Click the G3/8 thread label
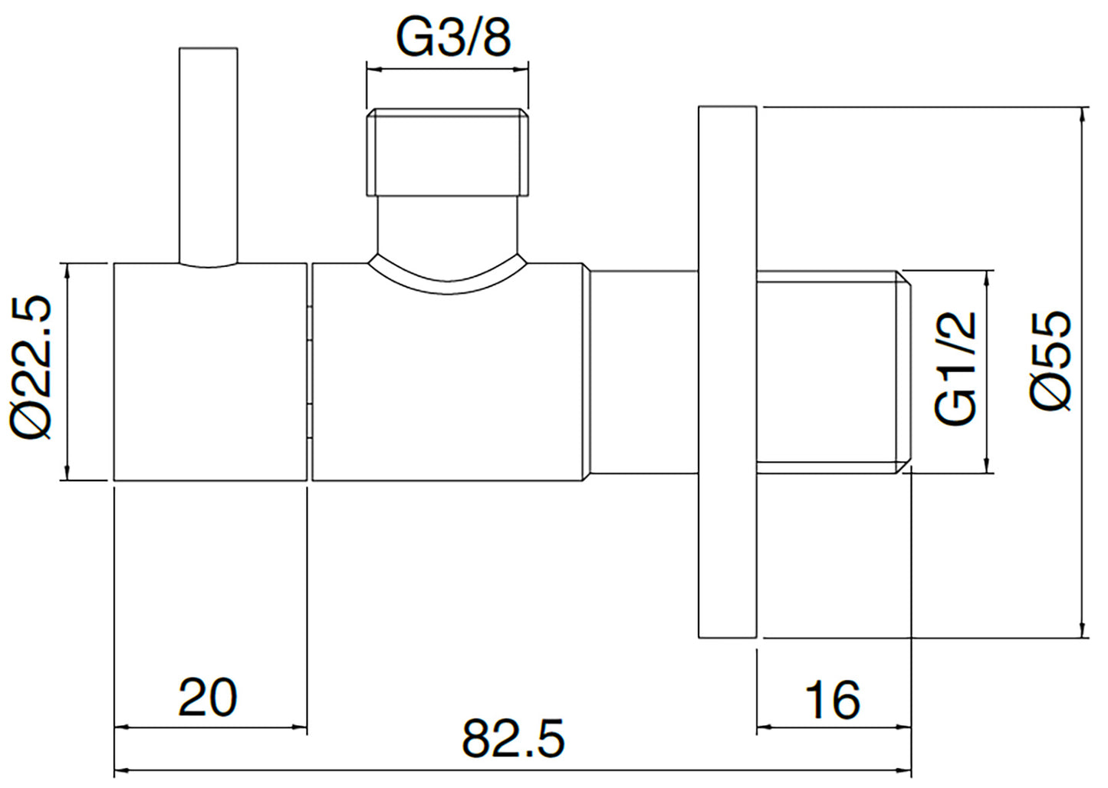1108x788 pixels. [x=453, y=40]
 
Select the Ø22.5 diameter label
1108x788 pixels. [x=31, y=369]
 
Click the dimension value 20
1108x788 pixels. [x=208, y=698]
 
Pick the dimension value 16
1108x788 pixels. [x=833, y=701]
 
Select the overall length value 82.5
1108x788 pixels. [x=513, y=740]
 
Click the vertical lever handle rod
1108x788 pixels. [x=209, y=157]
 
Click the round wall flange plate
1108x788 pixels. [x=727, y=372]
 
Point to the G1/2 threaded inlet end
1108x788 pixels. [x=834, y=372]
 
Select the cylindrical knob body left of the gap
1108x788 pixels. [x=210, y=371]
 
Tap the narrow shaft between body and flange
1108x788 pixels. [x=644, y=371]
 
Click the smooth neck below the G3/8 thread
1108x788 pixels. [x=448, y=225]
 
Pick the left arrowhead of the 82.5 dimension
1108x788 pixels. [x=122, y=770]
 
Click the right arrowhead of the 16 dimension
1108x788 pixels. [x=904, y=727]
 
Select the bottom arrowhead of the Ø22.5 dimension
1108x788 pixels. [x=67, y=472]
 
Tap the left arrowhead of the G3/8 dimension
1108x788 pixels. [x=374, y=69]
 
